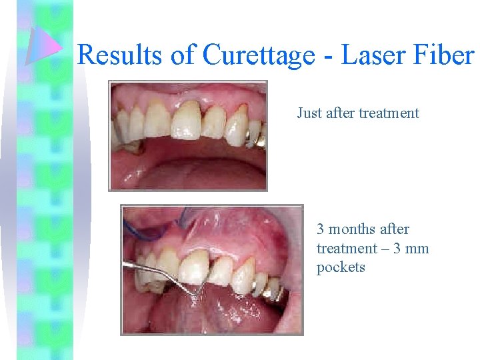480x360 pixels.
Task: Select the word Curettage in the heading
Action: (259, 55)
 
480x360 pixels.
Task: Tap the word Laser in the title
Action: (371, 55)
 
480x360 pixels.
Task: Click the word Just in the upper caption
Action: (310, 113)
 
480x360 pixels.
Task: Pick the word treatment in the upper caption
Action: (389, 113)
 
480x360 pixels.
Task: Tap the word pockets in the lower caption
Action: (341, 267)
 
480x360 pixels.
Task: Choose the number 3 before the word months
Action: (321, 229)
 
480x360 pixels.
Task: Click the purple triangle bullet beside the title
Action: (44, 47)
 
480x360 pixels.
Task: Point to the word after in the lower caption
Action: (394, 229)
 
